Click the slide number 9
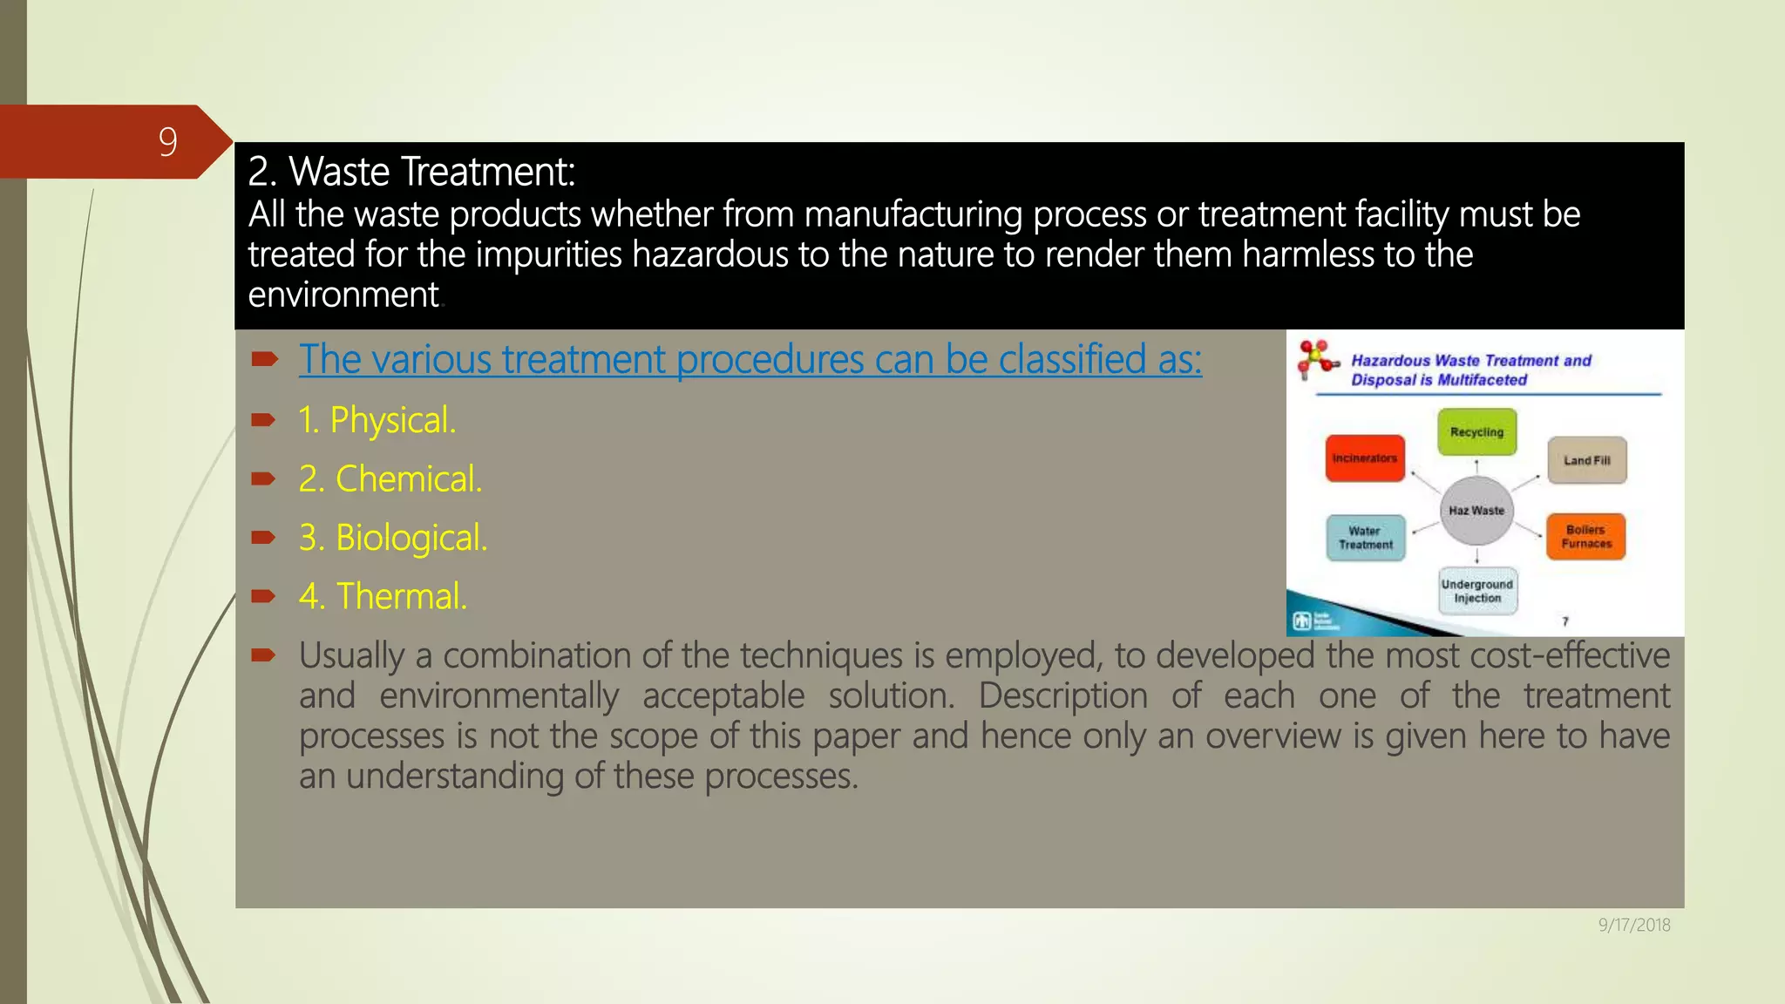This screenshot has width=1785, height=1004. click(x=167, y=141)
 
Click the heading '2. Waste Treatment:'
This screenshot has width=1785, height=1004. click(x=411, y=172)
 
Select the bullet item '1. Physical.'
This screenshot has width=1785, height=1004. click(x=377, y=420)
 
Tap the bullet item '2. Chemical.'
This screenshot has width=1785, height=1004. click(x=390, y=478)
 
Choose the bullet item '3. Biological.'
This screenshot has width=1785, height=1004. click(x=392, y=538)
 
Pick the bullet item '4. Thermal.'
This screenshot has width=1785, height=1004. click(x=383, y=596)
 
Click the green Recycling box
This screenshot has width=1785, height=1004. click(x=1476, y=432)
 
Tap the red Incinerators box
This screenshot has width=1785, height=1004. click(x=1365, y=458)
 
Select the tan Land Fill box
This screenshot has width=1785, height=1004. click(x=1586, y=460)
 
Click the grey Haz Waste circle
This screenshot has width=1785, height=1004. click(x=1476, y=511)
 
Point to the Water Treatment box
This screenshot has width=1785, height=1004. click(x=1365, y=538)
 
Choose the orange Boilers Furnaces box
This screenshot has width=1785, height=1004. click(x=1585, y=537)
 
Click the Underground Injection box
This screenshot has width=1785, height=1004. click(x=1476, y=591)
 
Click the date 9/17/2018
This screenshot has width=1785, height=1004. click(x=1633, y=925)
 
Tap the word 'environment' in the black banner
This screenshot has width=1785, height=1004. click(x=343, y=295)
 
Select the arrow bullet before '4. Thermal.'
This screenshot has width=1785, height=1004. click(x=263, y=596)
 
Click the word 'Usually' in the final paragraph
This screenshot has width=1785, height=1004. click(x=351, y=655)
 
